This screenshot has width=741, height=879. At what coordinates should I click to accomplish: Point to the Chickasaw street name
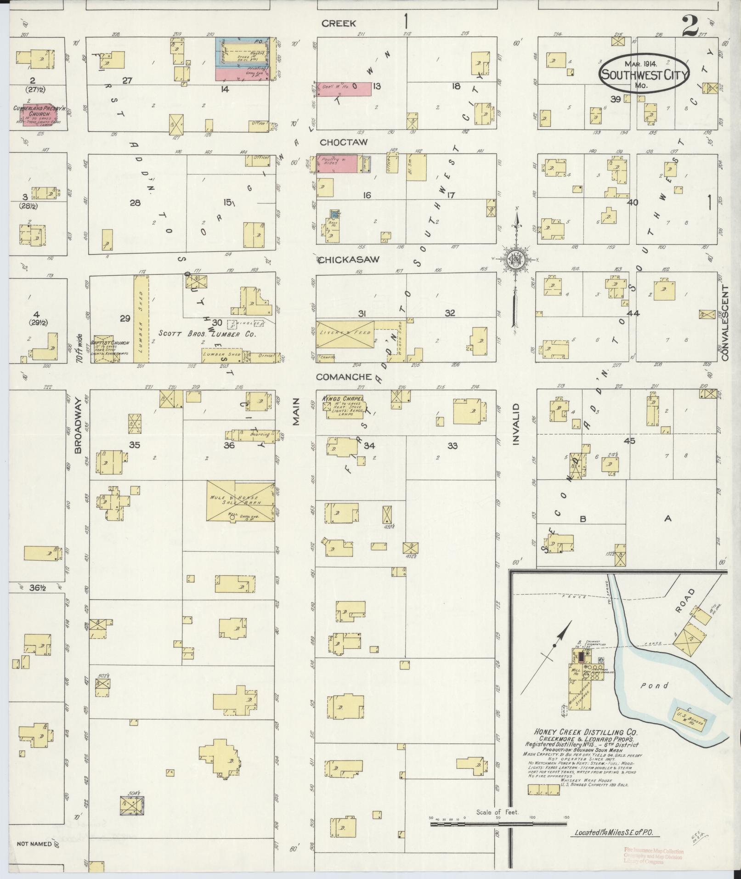[349, 260]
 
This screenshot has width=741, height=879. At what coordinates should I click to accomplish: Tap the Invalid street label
[516, 424]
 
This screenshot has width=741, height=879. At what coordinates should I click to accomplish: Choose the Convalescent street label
[725, 322]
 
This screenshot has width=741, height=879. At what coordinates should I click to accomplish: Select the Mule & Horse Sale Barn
[240, 501]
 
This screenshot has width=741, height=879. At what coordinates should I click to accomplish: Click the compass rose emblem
[515, 260]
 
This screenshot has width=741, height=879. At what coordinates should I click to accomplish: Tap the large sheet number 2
[693, 27]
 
